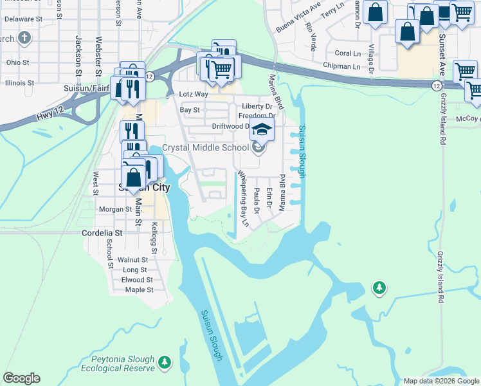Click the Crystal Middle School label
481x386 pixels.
tap(205, 147)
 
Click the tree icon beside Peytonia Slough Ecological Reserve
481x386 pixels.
tap(165, 363)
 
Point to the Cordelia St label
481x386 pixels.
tap(102, 233)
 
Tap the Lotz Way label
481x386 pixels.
tap(194, 95)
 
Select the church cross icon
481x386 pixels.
tap(25, 38)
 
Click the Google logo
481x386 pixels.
tap(21, 378)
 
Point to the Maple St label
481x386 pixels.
tap(139, 289)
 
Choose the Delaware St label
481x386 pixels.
tap(19, 19)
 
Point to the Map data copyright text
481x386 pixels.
tap(441, 381)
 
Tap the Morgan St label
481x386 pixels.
tap(116, 209)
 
